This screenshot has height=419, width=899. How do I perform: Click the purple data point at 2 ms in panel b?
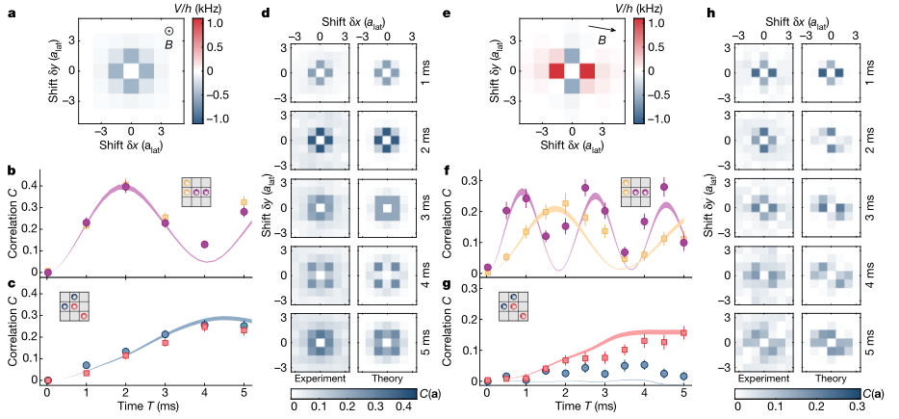coord(125,186)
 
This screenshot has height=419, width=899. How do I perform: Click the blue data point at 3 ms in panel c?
coord(165,334)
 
